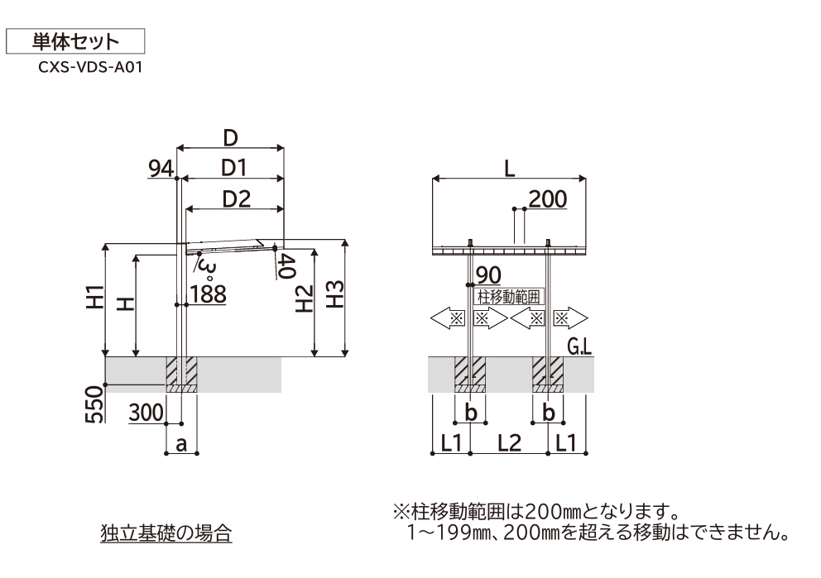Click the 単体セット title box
tap(74, 41)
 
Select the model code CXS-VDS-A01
tap(90, 68)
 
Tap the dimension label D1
tap(233, 168)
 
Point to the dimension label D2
tap(236, 199)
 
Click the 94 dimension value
tap(161, 169)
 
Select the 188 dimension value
tap(209, 294)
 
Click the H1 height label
tap(96, 298)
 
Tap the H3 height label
tap(335, 294)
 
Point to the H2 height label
tap(304, 299)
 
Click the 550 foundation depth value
tap(95, 404)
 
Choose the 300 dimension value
tap(146, 413)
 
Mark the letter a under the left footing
tap(181, 444)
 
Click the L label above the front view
tap(509, 169)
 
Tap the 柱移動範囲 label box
tap(509, 297)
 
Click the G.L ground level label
tap(579, 346)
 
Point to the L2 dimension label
tap(509, 443)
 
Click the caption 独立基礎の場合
tap(166, 533)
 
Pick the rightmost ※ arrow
tap(570, 318)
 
